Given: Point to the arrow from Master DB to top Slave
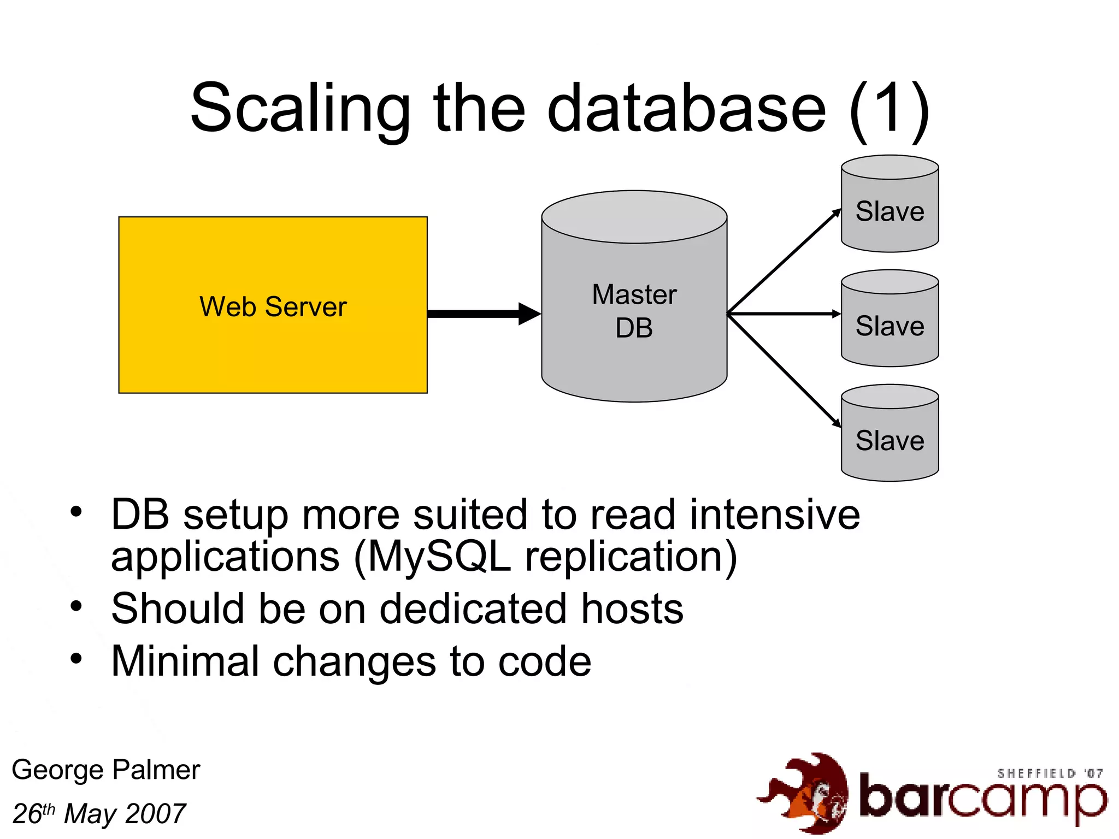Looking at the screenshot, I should point(784,261).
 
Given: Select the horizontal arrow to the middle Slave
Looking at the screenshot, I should point(784,314).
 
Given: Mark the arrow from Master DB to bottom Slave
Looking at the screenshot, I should point(784,370).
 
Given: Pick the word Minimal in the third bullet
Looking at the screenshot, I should point(185,661).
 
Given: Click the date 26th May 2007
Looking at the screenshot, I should point(99,814).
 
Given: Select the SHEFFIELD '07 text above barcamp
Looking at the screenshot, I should point(1050,773).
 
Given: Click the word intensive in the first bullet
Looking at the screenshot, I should point(774,515).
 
